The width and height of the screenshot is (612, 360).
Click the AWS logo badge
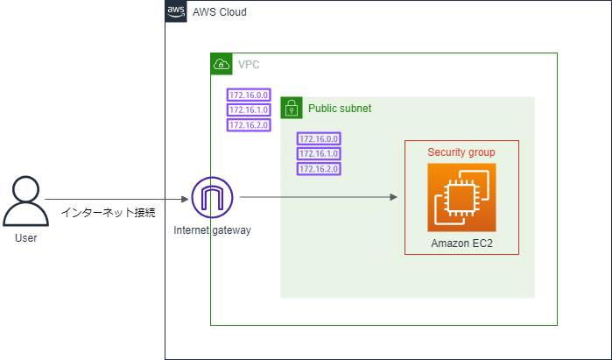click(176, 11)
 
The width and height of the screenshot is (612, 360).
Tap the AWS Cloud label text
click(220, 12)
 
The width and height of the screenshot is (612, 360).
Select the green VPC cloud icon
click(222, 64)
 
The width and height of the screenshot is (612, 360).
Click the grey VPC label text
click(249, 65)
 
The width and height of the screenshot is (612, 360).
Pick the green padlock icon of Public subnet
click(292, 108)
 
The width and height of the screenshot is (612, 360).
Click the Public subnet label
click(340, 109)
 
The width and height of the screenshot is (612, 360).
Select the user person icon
click(25, 201)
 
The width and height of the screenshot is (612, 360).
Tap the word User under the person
click(25, 237)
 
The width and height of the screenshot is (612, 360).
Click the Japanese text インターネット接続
click(109, 212)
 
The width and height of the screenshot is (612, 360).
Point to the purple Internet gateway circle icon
click(212, 197)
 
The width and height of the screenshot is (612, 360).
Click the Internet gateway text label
click(212, 230)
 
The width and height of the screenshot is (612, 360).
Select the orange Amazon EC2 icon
click(461, 198)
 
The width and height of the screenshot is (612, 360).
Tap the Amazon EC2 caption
click(461, 244)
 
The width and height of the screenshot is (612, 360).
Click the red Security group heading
click(461, 152)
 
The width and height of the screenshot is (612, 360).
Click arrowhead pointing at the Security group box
click(394, 197)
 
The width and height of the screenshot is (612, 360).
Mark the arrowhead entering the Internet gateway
click(185, 199)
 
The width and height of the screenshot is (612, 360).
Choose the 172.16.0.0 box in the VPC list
click(249, 95)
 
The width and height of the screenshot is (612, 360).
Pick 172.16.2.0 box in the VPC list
click(249, 125)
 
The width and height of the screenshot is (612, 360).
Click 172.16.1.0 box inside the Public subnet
click(319, 153)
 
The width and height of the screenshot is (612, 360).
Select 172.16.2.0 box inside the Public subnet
click(319, 169)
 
